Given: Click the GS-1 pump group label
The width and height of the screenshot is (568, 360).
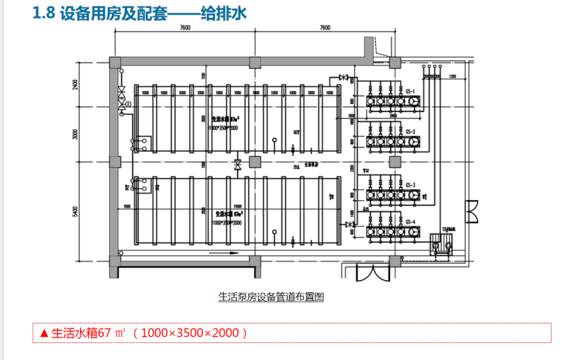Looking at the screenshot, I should (410, 90).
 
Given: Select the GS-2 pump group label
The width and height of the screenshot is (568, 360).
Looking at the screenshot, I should (410, 131).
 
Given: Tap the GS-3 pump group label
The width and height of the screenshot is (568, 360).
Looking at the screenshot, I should (410, 183).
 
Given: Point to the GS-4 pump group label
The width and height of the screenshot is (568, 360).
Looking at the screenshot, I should (410, 222).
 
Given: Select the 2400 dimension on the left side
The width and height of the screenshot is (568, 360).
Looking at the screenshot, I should (75, 84).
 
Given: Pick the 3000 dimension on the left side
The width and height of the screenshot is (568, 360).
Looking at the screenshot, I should (75, 134).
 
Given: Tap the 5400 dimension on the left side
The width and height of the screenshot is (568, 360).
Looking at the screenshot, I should (75, 211).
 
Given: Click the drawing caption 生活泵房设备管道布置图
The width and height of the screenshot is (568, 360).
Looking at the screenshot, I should (271, 297).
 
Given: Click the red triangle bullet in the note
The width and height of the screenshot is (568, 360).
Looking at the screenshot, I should (44, 333).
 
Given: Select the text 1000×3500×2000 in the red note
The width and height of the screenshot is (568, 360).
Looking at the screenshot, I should (190, 333).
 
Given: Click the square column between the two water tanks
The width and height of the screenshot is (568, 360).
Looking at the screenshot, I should (256, 161).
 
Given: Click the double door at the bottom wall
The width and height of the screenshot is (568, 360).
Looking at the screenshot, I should (371, 270).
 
